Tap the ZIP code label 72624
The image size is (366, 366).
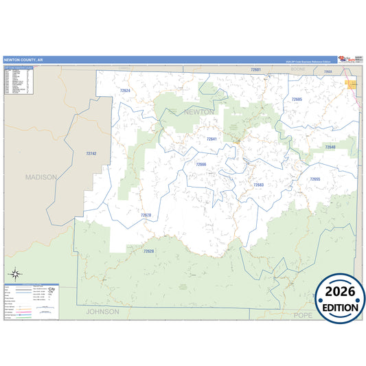pos(124,90)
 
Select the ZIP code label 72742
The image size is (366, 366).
pos(91,153)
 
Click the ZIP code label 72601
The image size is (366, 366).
pos(255,70)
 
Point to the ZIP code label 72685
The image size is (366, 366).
pos(297,100)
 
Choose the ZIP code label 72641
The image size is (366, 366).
pos(211,139)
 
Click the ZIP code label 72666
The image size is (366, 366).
pos(201,165)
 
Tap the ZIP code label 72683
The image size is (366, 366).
pos(258,185)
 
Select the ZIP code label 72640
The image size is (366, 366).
pos(330,147)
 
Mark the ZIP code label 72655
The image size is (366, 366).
pos(314,179)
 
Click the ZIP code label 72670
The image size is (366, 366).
pos(146,215)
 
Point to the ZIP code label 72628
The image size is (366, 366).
pos(149,251)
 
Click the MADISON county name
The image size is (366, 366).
pos(41,176)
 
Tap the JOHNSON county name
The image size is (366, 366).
pos(102,311)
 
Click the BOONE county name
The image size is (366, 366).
pos(298,70)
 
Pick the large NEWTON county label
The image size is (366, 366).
pos(199,111)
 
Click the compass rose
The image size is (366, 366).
pos(14,275)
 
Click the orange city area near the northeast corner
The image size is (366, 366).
pos(352,84)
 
